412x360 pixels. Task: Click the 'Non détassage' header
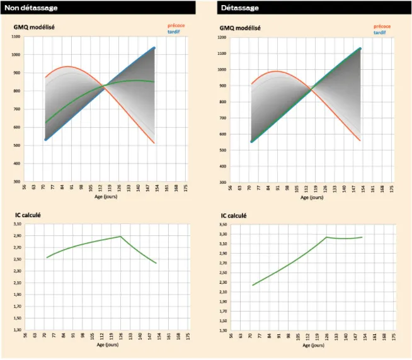click(31, 8)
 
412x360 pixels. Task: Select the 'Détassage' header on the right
click(239, 8)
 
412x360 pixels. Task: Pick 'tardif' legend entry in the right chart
click(380, 32)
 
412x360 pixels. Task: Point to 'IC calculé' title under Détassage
click(234, 216)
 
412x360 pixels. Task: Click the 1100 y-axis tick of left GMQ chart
click(15, 37)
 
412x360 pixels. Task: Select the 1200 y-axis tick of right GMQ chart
click(221, 37)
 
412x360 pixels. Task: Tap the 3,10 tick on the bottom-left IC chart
click(16, 224)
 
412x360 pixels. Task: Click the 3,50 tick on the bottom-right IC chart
click(222, 224)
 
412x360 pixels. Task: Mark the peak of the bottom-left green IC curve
click(120, 237)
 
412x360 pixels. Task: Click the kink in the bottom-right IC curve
click(327, 237)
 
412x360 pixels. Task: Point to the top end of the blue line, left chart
click(154, 48)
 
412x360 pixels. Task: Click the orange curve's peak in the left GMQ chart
click(67, 66)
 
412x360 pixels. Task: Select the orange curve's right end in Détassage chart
click(360, 140)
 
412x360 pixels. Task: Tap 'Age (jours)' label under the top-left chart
click(106, 197)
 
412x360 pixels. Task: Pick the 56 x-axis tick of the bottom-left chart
click(25, 336)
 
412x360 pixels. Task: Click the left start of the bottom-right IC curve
click(253, 285)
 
